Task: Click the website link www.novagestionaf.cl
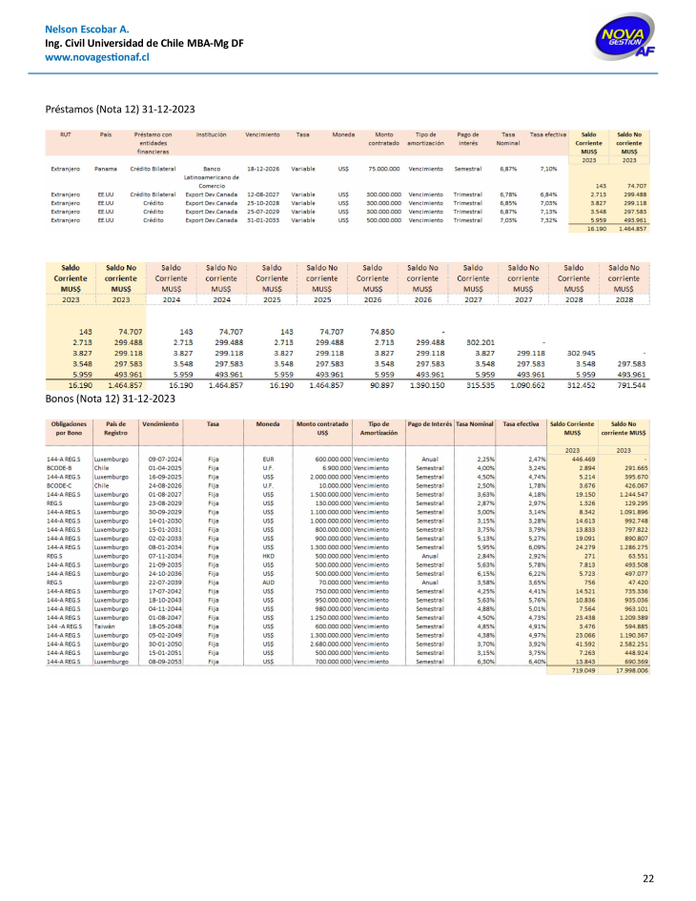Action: point(98,57)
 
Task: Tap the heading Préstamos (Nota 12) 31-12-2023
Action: point(120,109)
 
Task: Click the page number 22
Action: point(647,877)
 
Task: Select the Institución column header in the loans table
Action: point(212,134)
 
